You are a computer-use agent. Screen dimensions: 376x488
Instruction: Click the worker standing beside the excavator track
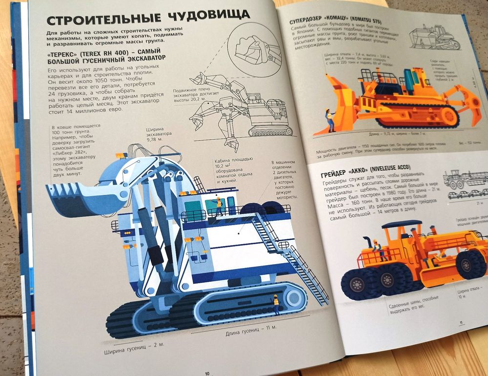point(276,304)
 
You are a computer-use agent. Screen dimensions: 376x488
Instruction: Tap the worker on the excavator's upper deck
point(219,206)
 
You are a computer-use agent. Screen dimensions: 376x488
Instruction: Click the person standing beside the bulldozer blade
point(330,120)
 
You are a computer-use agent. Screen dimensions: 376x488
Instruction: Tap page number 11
point(460,321)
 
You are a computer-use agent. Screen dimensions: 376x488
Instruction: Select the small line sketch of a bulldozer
point(434,37)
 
